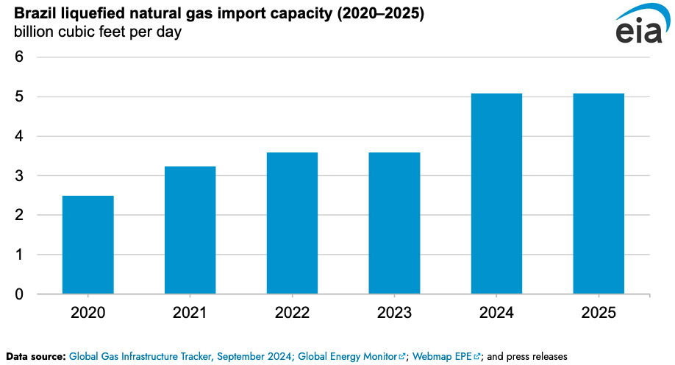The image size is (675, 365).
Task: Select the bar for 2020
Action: [87, 245]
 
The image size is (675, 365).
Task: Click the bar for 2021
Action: [190, 230]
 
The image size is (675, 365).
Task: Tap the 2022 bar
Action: [292, 223]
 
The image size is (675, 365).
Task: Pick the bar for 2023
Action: [394, 223]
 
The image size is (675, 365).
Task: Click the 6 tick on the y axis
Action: [19, 57]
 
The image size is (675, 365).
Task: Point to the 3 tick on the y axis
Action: [19, 176]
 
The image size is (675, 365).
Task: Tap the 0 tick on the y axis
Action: [19, 294]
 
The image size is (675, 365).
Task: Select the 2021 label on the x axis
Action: [190, 313]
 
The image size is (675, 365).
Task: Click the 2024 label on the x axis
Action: [496, 313]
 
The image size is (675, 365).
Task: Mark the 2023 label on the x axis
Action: [394, 313]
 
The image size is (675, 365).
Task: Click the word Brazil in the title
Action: [34, 15]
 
